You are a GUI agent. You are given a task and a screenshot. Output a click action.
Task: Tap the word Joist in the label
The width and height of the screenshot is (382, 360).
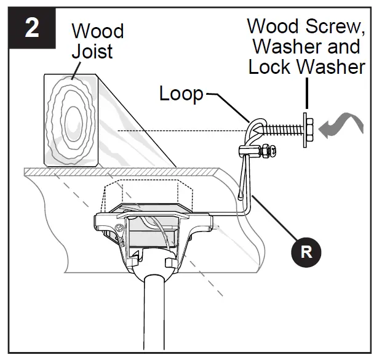92,51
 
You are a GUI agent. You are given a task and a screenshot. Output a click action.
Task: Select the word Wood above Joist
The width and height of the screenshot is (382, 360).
97,31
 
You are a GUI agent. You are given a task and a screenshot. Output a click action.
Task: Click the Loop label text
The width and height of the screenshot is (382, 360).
181,94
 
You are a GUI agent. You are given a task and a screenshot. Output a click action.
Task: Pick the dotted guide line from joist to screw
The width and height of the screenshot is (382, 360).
185,130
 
